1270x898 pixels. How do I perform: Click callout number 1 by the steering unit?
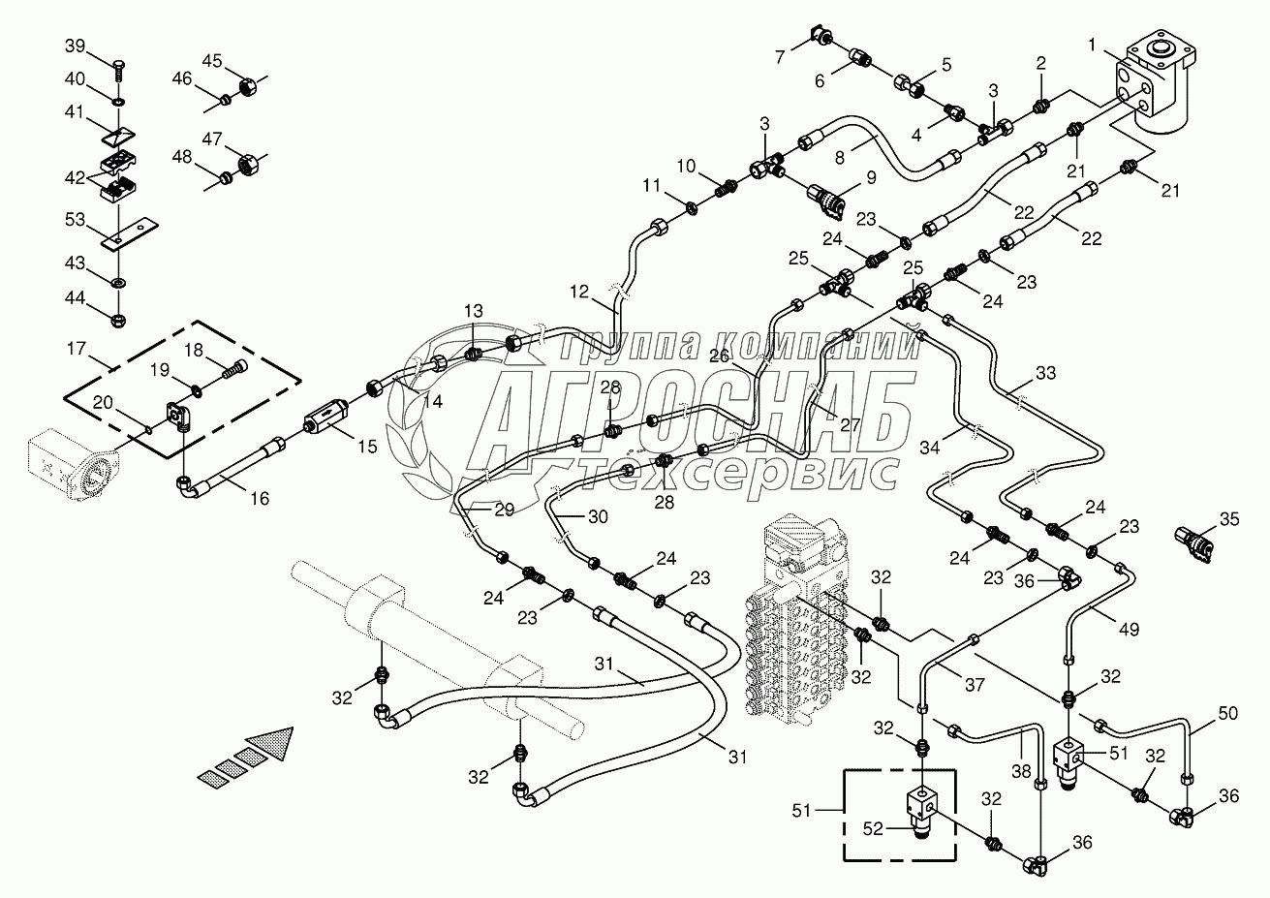pyautogui.click(x=1092, y=46)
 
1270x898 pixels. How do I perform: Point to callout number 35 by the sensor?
pyautogui.click(x=1228, y=520)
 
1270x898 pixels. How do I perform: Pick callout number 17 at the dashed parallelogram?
pyautogui.click(x=77, y=348)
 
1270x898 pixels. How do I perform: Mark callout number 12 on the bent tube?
pyautogui.click(x=579, y=291)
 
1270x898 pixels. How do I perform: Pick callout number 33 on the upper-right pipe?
pyautogui.click(x=1045, y=372)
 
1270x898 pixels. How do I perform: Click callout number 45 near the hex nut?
pyautogui.click(x=212, y=60)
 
